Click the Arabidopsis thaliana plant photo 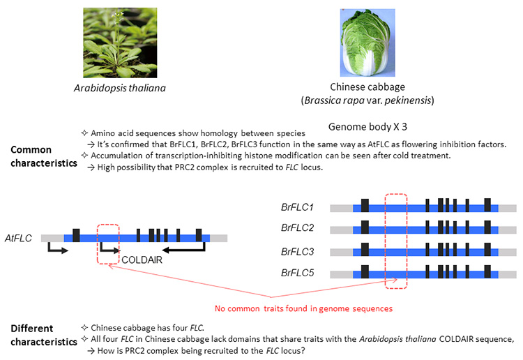tap(120, 43)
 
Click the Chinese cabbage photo tap(367, 43)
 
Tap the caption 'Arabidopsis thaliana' tap(120, 88)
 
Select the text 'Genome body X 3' tap(367, 127)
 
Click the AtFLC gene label tap(18, 238)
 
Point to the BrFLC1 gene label tap(297, 207)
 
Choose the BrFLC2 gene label tap(297, 228)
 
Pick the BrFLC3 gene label tap(297, 252)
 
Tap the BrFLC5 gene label tap(297, 273)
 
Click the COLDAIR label tap(142, 260)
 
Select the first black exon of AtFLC tap(76, 235)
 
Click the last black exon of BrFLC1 tap(487, 205)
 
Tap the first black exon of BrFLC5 tap(365, 271)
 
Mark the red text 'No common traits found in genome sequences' tap(303, 308)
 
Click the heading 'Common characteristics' tap(44, 156)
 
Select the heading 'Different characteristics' tap(44, 336)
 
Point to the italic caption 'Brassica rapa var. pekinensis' tap(367, 100)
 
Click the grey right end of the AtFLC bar tap(218, 238)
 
